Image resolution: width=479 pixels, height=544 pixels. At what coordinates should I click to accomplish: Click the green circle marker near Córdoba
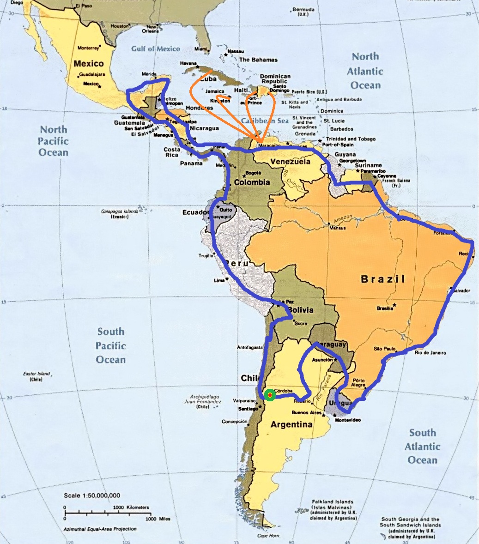[270, 395]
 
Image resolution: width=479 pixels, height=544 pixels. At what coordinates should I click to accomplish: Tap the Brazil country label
[383, 279]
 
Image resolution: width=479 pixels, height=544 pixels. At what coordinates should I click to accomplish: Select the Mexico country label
[89, 63]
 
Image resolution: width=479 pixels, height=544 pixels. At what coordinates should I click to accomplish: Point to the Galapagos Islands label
[120, 212]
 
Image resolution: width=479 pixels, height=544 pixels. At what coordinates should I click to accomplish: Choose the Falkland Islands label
[332, 502]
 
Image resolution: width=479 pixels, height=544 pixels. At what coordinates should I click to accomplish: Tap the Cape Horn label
[268, 536]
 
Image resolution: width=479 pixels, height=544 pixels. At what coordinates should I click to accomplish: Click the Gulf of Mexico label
[156, 48]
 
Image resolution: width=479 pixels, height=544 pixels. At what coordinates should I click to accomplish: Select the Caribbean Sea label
[264, 121]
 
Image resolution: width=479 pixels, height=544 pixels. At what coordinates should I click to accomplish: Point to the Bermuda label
[303, 10]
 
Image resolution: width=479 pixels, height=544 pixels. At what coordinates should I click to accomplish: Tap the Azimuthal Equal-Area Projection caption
[100, 529]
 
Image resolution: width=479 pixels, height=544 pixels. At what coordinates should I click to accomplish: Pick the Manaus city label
[337, 228]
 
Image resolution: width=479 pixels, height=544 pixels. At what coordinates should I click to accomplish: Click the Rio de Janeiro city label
[430, 353]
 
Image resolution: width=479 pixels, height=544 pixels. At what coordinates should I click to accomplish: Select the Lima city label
[219, 280]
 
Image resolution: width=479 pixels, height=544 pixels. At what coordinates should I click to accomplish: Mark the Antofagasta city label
[249, 347]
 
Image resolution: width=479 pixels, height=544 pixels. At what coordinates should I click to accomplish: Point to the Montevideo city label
[347, 420]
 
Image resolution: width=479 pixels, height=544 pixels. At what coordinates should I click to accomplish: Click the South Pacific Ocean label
[111, 345]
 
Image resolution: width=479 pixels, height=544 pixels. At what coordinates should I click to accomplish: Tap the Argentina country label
[291, 424]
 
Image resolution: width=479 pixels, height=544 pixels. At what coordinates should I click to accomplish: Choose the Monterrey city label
[88, 48]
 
